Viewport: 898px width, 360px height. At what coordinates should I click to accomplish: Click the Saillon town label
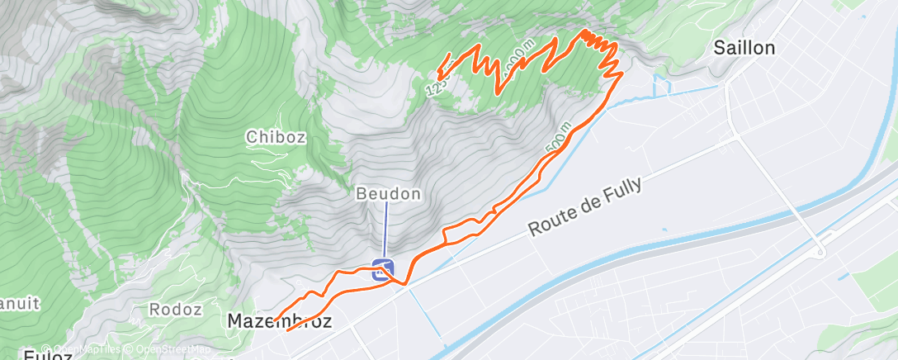pos(744,48)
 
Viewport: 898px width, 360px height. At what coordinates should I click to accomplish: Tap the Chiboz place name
pos(276,137)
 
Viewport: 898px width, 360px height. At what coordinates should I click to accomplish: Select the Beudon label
pos(389,194)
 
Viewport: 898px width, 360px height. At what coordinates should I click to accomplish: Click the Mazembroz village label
pos(279,321)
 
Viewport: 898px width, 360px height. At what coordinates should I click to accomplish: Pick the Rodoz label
pos(176,310)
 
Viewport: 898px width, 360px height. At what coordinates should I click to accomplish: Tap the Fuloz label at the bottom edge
pos(49,355)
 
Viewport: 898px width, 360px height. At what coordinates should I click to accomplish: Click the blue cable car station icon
pos(381,269)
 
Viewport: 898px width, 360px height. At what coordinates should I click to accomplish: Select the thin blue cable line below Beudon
pos(385,231)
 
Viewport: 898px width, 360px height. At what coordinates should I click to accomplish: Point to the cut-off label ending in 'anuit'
pos(18,303)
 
